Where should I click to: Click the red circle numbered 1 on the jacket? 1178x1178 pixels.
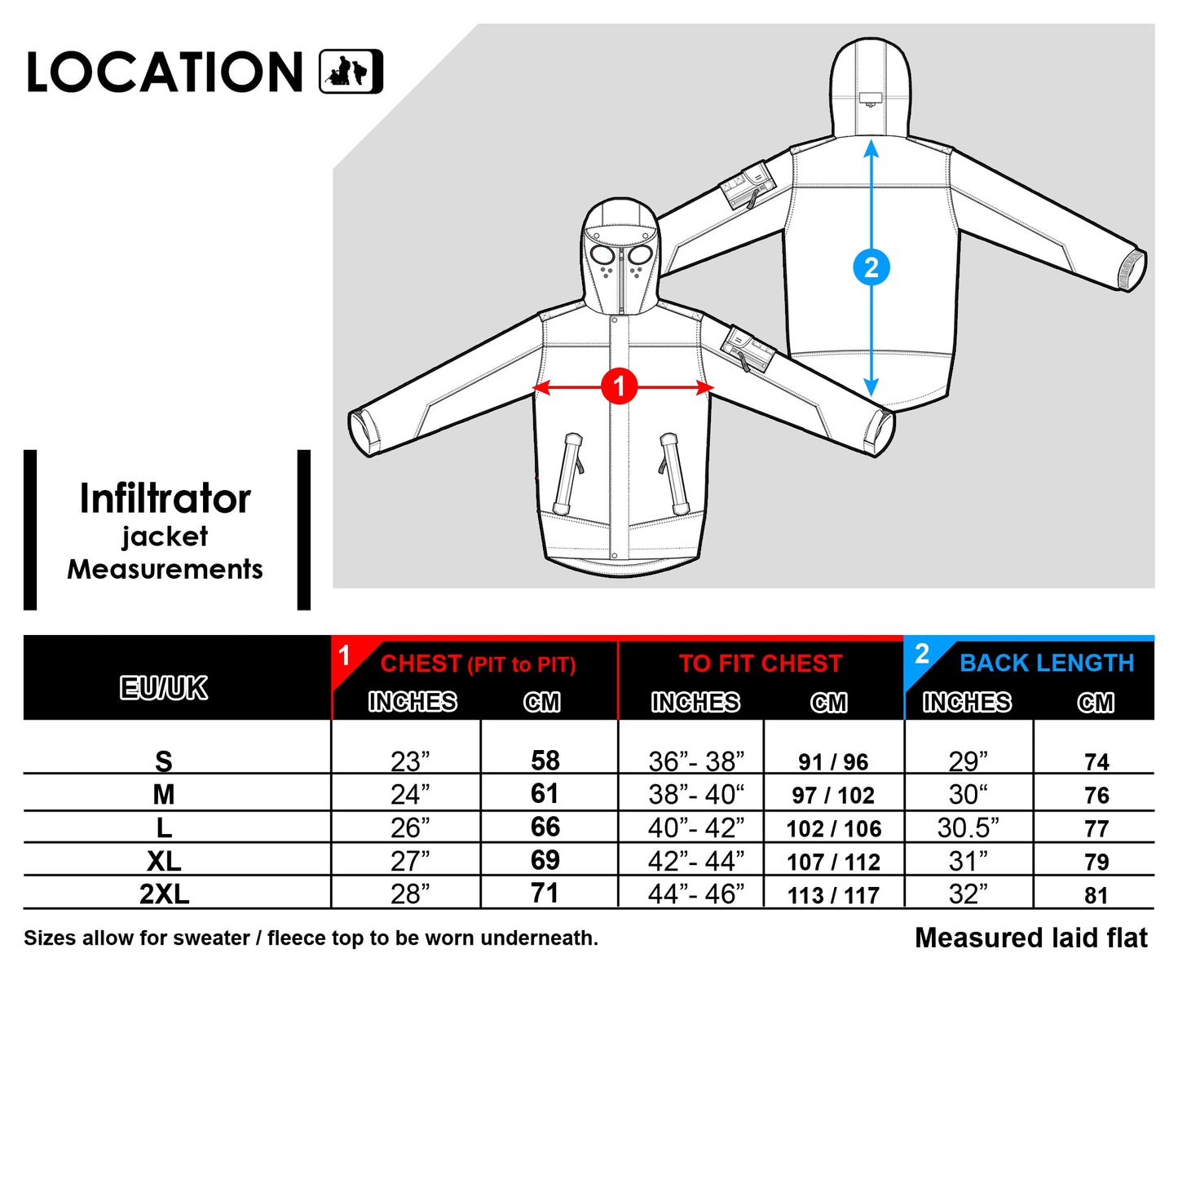pos(619,386)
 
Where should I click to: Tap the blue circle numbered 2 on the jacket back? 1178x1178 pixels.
pos(871,267)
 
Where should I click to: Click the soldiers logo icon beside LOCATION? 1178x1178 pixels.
pos(351,72)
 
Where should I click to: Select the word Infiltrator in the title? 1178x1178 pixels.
pos(165,499)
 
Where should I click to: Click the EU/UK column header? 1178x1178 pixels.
pos(164,688)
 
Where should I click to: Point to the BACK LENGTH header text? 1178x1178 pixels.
pos(1047,663)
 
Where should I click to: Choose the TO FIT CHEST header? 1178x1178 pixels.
pos(760,664)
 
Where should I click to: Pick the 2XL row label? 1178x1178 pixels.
pos(164,894)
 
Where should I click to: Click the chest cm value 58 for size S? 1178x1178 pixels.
pos(545,761)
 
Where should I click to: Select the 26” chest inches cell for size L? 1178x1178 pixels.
pos(410,827)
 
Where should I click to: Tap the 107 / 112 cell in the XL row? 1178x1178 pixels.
pos(833,862)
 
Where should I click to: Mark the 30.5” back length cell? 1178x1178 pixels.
pos(968,827)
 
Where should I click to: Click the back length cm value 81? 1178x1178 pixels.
pos(1096,895)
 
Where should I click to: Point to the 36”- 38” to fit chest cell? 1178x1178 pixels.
pos(696,761)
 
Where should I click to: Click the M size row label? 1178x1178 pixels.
pos(164,794)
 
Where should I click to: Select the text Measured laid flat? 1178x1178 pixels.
pos(1031,938)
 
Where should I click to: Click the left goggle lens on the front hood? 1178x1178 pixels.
pos(603,255)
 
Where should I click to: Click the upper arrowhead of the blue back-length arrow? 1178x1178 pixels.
pos(871,148)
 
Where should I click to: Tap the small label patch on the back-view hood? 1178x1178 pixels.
pos(871,99)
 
